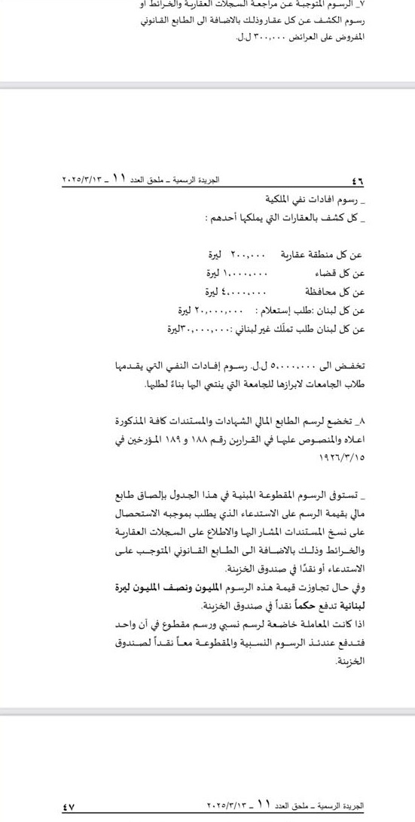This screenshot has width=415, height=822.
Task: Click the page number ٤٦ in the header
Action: point(358,182)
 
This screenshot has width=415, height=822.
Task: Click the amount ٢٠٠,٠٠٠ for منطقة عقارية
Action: point(248,256)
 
